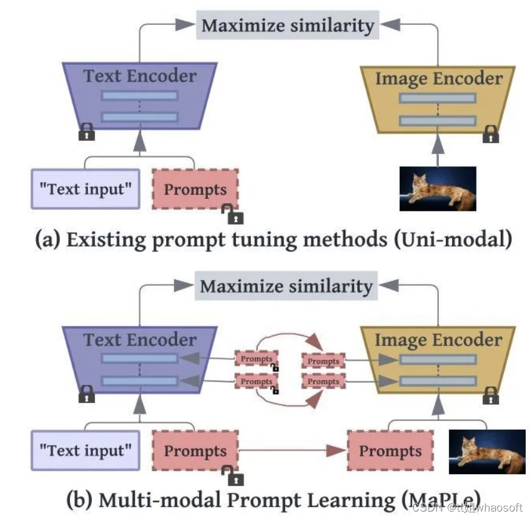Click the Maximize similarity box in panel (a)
287,25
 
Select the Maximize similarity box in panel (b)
286,286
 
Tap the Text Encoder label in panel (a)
140,76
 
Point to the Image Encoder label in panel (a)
438,79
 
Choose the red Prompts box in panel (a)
195,189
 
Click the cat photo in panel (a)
438,188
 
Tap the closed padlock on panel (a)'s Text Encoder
86,132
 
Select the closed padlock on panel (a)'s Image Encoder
491,133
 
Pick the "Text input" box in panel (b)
86,450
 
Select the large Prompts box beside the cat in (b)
390,450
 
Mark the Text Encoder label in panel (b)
140,339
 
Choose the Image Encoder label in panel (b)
438,340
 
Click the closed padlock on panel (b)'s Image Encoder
491,395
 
